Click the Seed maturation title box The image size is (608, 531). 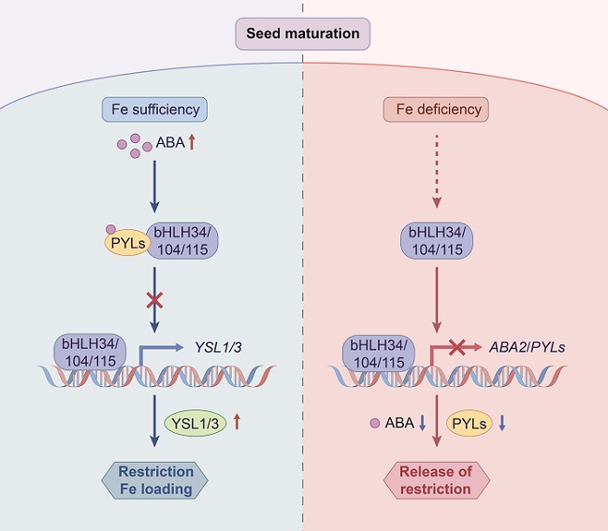point(302,34)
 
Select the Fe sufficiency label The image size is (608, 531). point(153,110)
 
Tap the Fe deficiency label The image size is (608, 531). point(436,110)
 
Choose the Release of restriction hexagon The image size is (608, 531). point(437,479)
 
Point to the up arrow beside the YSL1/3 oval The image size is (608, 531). point(237,422)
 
